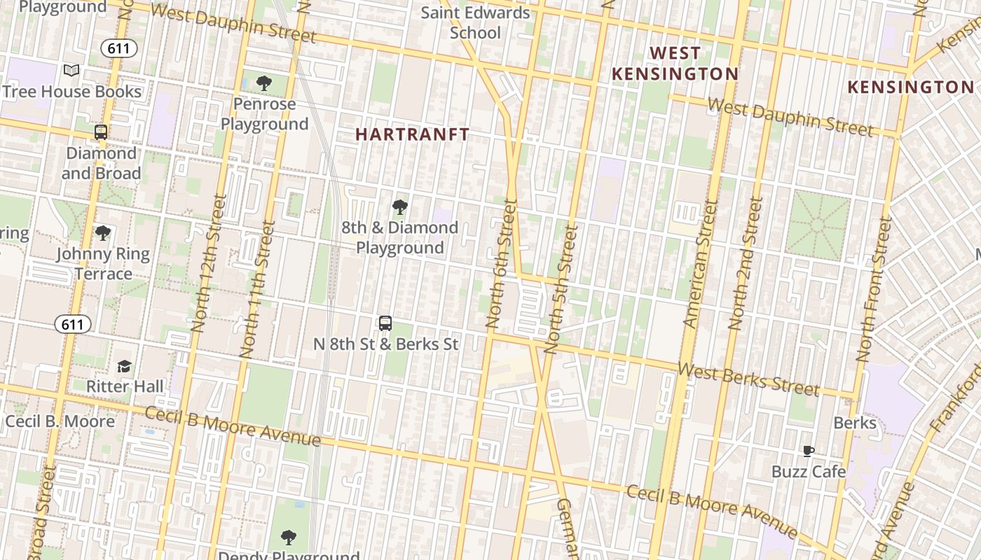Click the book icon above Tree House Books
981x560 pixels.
coord(71,70)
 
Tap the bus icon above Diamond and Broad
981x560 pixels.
coord(101,132)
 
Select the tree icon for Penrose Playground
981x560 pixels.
coord(264,84)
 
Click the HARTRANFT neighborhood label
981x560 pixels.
coord(412,134)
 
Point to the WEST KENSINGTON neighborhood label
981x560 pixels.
coord(675,64)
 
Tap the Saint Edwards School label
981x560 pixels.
coord(475,22)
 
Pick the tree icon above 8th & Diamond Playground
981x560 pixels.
coord(400,206)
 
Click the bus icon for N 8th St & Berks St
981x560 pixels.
coord(385,323)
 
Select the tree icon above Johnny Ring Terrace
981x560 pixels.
coord(103,232)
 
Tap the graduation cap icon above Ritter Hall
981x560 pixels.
coord(124,365)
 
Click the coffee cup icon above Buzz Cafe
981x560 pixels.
coord(809,451)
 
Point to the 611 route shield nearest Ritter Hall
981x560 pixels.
coord(73,324)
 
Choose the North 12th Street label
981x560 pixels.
coord(210,262)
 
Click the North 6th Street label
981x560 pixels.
coord(501,264)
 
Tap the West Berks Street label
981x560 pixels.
coord(748,379)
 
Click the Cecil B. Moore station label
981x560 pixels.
coord(60,421)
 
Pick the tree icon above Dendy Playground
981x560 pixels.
coord(288,538)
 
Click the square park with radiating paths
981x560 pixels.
coord(817,225)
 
